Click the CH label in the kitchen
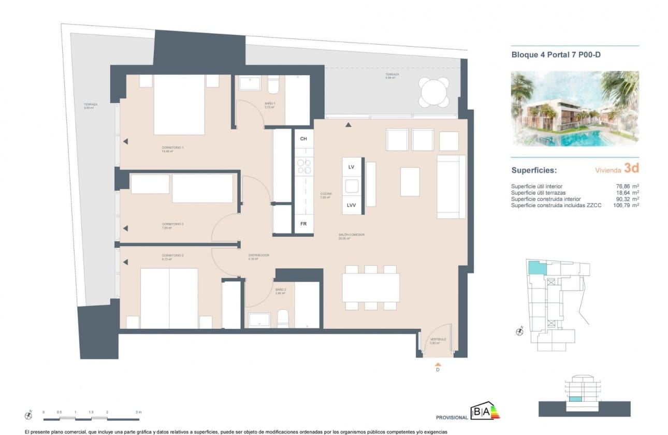(x=303, y=139)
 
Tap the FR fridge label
(x=303, y=224)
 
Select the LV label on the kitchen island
(x=351, y=167)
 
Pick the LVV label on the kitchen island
(x=351, y=206)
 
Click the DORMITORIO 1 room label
(x=172, y=148)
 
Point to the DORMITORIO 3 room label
(x=172, y=224)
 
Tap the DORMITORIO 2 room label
(x=172, y=256)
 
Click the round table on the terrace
(x=434, y=92)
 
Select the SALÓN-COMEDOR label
(x=352, y=235)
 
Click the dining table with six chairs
(x=370, y=287)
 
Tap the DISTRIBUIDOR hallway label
(x=258, y=255)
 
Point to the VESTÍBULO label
(x=438, y=340)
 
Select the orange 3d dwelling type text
(x=631, y=168)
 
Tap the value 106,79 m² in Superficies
(x=624, y=205)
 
